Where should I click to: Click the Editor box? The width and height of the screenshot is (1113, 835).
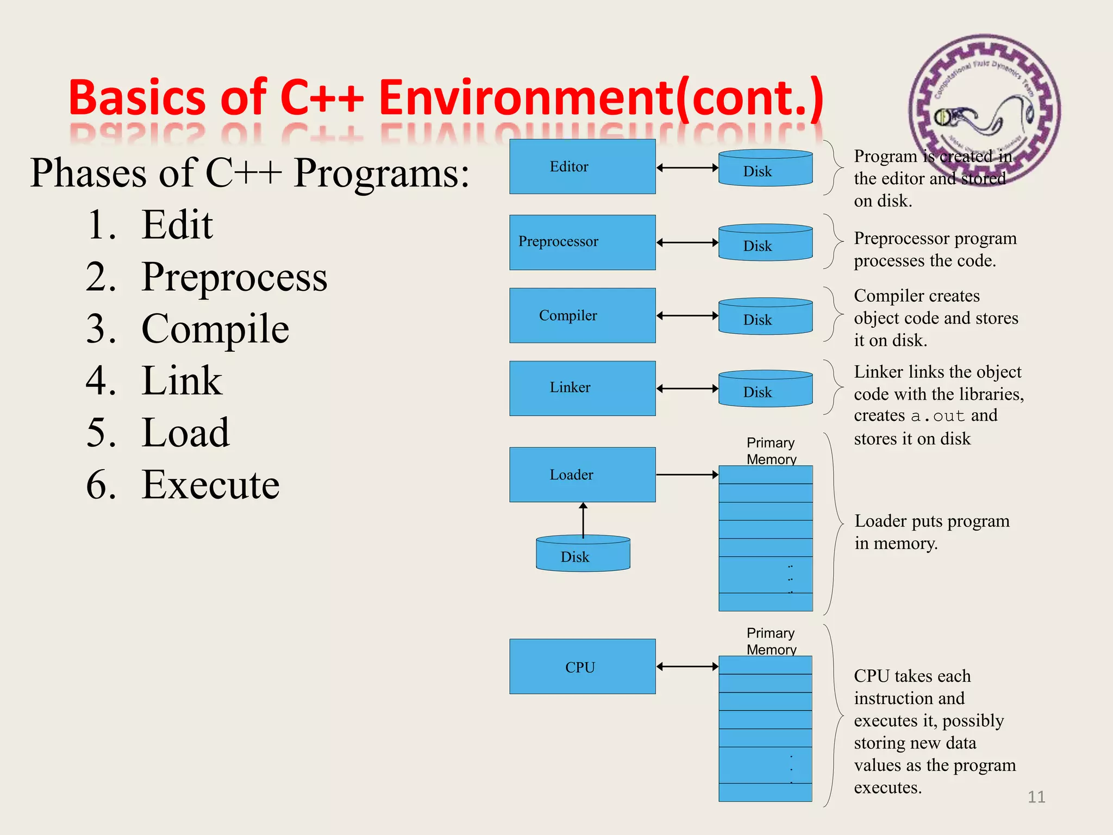click(582, 166)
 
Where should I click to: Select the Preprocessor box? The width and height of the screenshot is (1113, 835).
click(582, 242)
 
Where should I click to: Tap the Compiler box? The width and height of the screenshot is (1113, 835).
click(582, 315)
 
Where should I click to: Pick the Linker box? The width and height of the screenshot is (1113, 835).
click(582, 388)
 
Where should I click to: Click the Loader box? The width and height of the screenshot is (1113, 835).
click(582, 475)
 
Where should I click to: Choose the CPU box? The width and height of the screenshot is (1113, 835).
click(582, 666)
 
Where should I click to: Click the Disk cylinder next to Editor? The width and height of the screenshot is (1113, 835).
click(765, 169)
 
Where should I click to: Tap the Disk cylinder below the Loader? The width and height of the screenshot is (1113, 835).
click(583, 554)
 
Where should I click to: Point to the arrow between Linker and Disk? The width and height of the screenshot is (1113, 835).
click(687, 389)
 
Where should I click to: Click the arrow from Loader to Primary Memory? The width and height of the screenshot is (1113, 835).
click(687, 475)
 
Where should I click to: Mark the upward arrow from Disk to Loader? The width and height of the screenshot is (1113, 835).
click(583, 520)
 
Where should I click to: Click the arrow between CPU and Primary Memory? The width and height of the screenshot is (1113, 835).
click(687, 666)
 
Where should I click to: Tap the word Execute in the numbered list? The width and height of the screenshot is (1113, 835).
click(210, 484)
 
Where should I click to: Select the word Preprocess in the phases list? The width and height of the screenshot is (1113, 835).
click(234, 277)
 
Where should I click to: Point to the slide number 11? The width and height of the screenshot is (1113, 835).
click(1036, 797)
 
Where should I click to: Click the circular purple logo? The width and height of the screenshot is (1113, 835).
click(984, 109)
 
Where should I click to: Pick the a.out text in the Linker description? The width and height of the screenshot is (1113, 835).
click(937, 416)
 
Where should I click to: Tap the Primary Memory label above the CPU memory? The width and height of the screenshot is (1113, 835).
click(771, 641)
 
